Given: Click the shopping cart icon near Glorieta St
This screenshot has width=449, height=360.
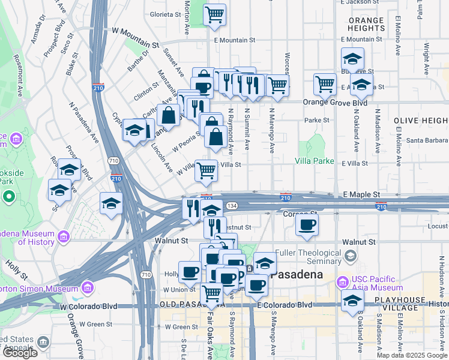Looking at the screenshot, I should (214, 14).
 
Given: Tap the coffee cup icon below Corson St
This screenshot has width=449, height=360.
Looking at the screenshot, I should (307, 226).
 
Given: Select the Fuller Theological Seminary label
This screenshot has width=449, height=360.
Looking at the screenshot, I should (312, 257).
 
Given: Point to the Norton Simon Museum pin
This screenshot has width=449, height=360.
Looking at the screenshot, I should (88, 287).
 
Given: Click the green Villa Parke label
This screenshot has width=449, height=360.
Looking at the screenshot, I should (314, 161).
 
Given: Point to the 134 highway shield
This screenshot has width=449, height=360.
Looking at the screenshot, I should (231, 206).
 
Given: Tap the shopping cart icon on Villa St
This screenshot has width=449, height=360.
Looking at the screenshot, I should (206, 171).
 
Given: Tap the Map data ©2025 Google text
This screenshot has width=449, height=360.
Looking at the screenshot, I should (412, 355).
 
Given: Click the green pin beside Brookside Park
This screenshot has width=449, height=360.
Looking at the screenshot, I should (9, 196).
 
